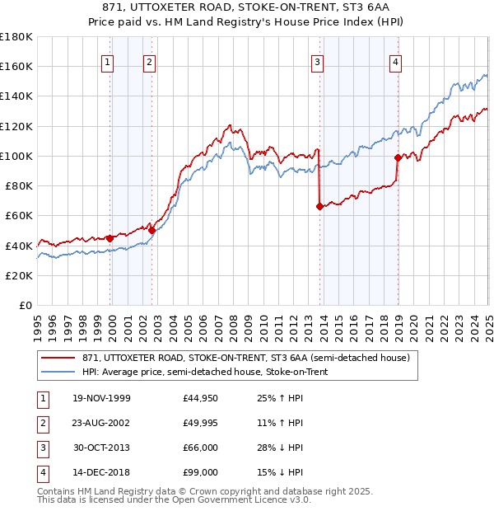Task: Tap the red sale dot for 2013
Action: (319, 207)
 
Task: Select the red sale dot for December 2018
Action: (398, 157)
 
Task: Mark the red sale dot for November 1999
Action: (110, 238)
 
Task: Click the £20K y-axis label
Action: (19, 275)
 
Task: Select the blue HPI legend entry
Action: (205, 373)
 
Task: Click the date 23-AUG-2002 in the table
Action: (100, 423)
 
